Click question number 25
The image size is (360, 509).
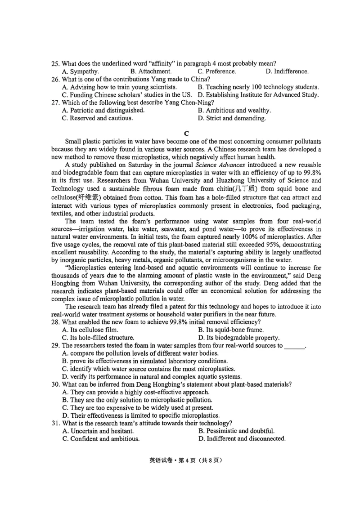point(55,63)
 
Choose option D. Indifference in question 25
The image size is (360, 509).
point(287,71)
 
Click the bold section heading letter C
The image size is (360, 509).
point(186,133)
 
